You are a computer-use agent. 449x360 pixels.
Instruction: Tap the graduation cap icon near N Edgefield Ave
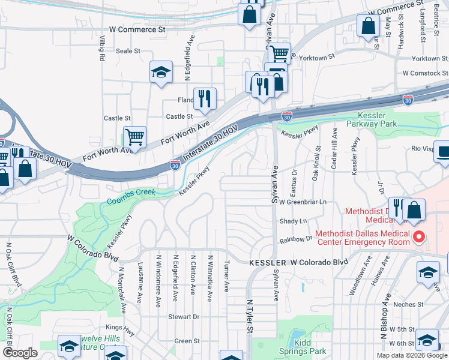[161, 73]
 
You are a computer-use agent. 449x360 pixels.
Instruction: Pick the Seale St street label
[128, 51]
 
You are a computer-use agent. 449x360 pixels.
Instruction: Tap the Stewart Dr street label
[184, 316]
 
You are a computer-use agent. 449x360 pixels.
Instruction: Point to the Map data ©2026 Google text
[412, 355]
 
